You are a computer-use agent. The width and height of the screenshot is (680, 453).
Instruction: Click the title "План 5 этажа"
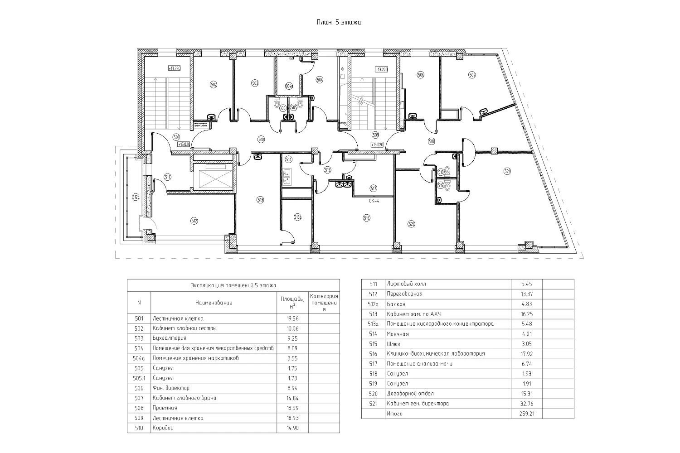click(x=339, y=22)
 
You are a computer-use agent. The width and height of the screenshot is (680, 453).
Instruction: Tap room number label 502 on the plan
click(x=214, y=84)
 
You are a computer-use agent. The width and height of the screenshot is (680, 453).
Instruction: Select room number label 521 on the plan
click(x=507, y=171)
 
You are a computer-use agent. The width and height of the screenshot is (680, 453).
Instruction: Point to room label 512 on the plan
click(x=194, y=221)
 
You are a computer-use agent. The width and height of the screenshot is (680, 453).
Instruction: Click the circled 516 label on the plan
click(x=367, y=218)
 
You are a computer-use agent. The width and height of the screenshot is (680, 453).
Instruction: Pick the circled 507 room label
click(x=472, y=75)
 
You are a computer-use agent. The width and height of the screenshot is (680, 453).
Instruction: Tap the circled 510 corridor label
click(x=261, y=140)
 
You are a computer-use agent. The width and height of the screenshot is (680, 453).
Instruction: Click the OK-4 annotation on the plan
click(x=374, y=201)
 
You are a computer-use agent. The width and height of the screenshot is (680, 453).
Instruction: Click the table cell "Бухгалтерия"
click(x=170, y=338)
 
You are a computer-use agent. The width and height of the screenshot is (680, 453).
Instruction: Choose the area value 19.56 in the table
click(x=292, y=318)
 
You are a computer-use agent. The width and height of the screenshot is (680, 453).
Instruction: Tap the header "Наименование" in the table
click(x=214, y=303)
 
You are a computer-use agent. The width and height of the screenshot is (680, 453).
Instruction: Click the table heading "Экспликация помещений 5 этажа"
click(x=233, y=285)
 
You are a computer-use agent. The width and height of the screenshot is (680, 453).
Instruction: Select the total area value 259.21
click(x=526, y=414)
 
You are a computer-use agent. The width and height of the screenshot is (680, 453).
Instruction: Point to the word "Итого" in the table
click(x=394, y=414)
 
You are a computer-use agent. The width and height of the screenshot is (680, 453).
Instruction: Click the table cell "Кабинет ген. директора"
click(x=418, y=404)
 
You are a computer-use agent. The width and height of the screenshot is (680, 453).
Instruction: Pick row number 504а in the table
click(x=139, y=358)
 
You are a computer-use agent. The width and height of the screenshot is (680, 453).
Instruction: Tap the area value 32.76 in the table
click(x=526, y=404)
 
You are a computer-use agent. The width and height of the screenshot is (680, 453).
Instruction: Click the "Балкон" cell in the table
click(x=396, y=304)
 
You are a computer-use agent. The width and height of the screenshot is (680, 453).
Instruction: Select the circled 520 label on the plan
click(x=412, y=223)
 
